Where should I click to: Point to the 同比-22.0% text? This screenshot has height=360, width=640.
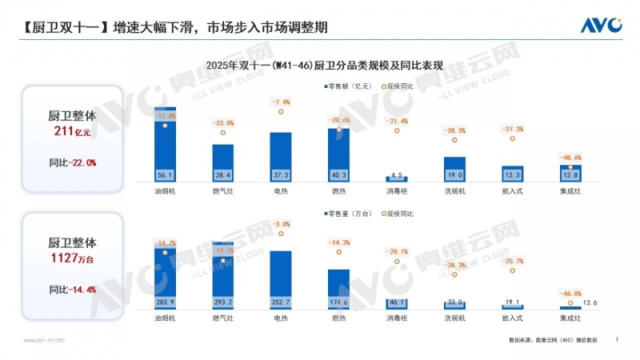point(72,162)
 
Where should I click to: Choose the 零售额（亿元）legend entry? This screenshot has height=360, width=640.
point(349,85)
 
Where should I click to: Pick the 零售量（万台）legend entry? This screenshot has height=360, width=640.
point(349,214)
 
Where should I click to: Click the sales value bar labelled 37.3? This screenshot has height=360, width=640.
point(281,156)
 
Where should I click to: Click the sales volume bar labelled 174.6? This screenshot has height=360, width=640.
point(338,288)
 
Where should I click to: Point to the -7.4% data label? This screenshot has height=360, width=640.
point(281,102)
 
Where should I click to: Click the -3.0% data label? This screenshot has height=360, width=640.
point(281,224)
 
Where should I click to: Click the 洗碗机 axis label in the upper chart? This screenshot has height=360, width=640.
point(454,192)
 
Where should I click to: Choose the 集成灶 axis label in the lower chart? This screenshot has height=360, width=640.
point(570,318)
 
